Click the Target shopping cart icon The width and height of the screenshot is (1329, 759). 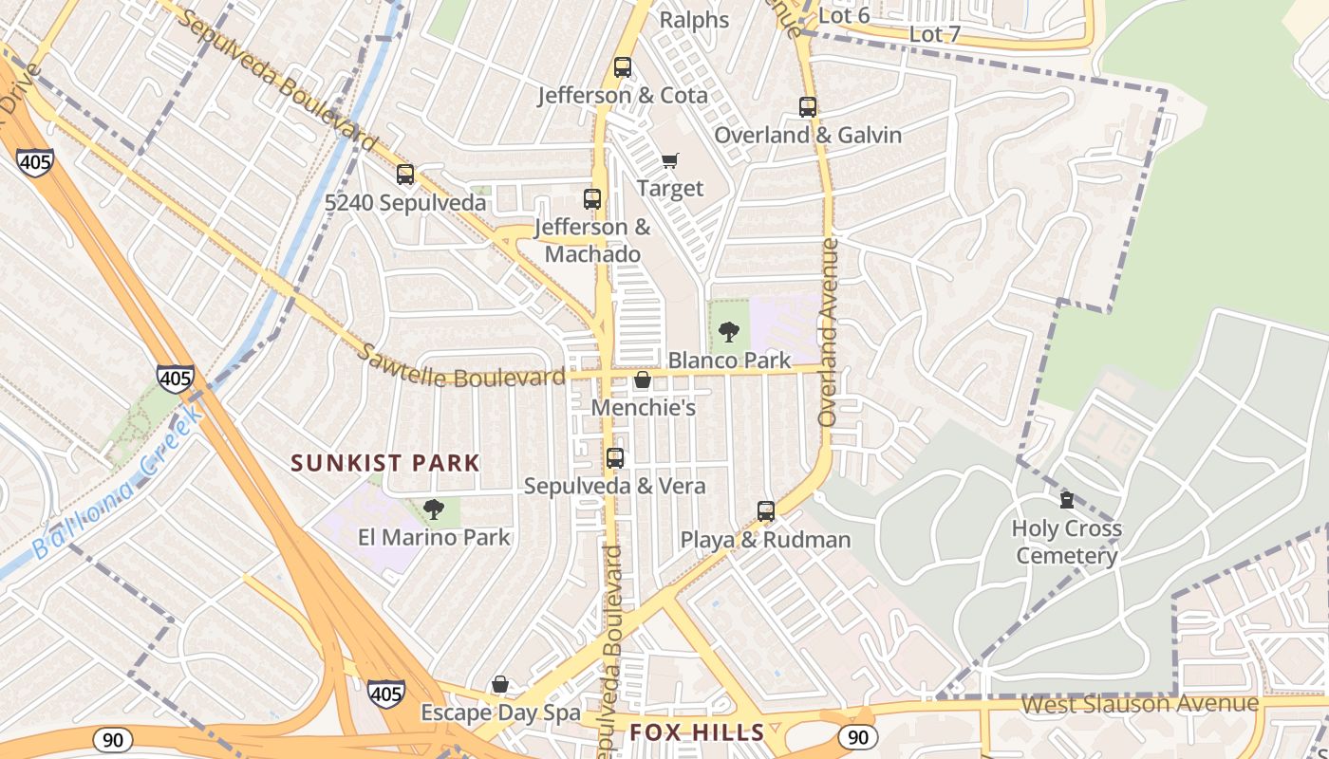click(670, 160)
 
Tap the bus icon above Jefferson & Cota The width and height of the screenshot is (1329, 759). click(623, 67)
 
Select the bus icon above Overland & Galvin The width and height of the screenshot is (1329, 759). click(808, 107)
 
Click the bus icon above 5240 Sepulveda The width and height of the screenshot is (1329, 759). click(405, 175)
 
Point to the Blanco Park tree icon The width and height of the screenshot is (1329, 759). click(729, 332)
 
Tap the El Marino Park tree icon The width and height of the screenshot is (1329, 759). click(434, 509)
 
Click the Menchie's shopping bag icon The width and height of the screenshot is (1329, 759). click(643, 380)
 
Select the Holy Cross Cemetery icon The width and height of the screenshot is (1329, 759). click(1066, 500)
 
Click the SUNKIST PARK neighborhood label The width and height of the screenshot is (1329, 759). click(385, 463)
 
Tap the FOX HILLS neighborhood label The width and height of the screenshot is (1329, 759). click(698, 732)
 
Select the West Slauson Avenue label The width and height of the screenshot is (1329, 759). click(1139, 705)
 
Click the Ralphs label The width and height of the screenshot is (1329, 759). click(694, 20)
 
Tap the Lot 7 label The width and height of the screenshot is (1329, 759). click(935, 34)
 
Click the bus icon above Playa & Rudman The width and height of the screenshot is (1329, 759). click(766, 511)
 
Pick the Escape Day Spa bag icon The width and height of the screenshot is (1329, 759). click(500, 684)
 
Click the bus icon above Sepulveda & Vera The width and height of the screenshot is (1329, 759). click(615, 458)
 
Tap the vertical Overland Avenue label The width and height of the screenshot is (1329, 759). click(829, 332)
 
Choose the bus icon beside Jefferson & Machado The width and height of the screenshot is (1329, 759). click(592, 199)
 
